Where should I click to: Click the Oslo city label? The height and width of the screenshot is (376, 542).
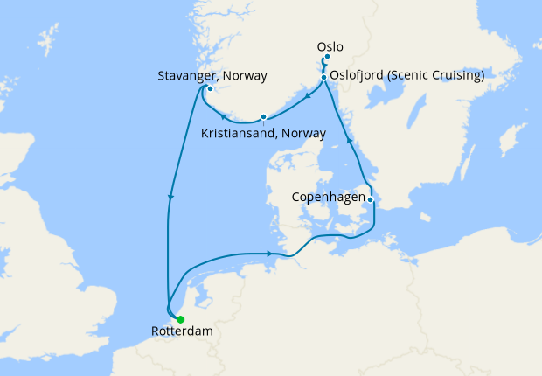(331, 46)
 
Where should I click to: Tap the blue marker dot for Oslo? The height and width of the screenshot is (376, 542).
(327, 58)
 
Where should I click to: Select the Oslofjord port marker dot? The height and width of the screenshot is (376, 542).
(323, 77)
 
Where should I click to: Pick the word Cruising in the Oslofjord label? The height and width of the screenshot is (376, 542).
(460, 76)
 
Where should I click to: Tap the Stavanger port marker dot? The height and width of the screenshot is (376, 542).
(210, 88)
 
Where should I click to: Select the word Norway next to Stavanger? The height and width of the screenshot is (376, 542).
(247, 75)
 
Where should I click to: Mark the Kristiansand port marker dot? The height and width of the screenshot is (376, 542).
(263, 117)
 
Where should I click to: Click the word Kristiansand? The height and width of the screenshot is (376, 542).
(239, 134)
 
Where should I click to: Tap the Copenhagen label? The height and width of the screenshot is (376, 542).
(328, 198)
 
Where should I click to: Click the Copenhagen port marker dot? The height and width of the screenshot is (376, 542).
(371, 199)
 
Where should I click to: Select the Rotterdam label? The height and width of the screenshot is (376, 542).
(181, 332)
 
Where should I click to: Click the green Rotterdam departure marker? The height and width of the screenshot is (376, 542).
(180, 319)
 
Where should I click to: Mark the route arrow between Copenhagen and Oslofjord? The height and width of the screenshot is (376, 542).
(349, 139)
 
